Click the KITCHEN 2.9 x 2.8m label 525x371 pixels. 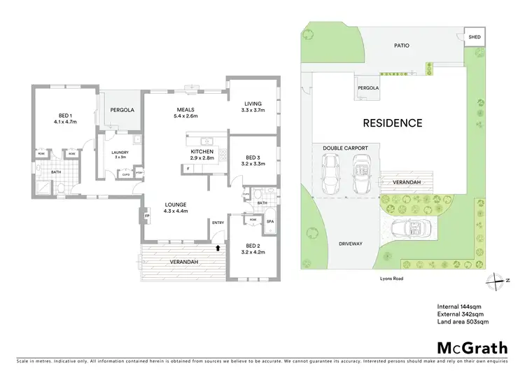pos(202,155)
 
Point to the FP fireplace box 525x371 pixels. pos(147,216)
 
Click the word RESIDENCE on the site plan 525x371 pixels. pos(392,123)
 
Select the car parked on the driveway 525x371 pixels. pos(409,227)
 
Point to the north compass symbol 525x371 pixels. pos(496,280)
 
